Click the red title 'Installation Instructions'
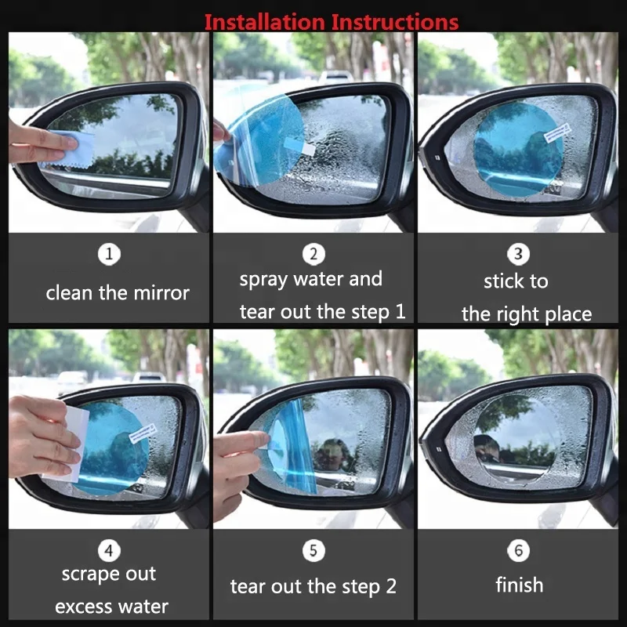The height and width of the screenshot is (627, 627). coord(331,21)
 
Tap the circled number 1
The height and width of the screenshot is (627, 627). coord(110,255)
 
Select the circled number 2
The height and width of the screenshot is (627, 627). coord(313,254)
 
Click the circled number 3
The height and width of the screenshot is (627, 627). coord(518,255)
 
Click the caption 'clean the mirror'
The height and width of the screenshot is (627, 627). coord(118,294)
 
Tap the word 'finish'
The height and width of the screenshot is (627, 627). coord(519,585)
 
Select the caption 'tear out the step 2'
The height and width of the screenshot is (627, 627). coord(313,586)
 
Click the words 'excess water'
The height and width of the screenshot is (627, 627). coord(111,607)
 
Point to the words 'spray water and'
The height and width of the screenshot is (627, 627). coord(311,279)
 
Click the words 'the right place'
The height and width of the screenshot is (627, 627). coord(526,315)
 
